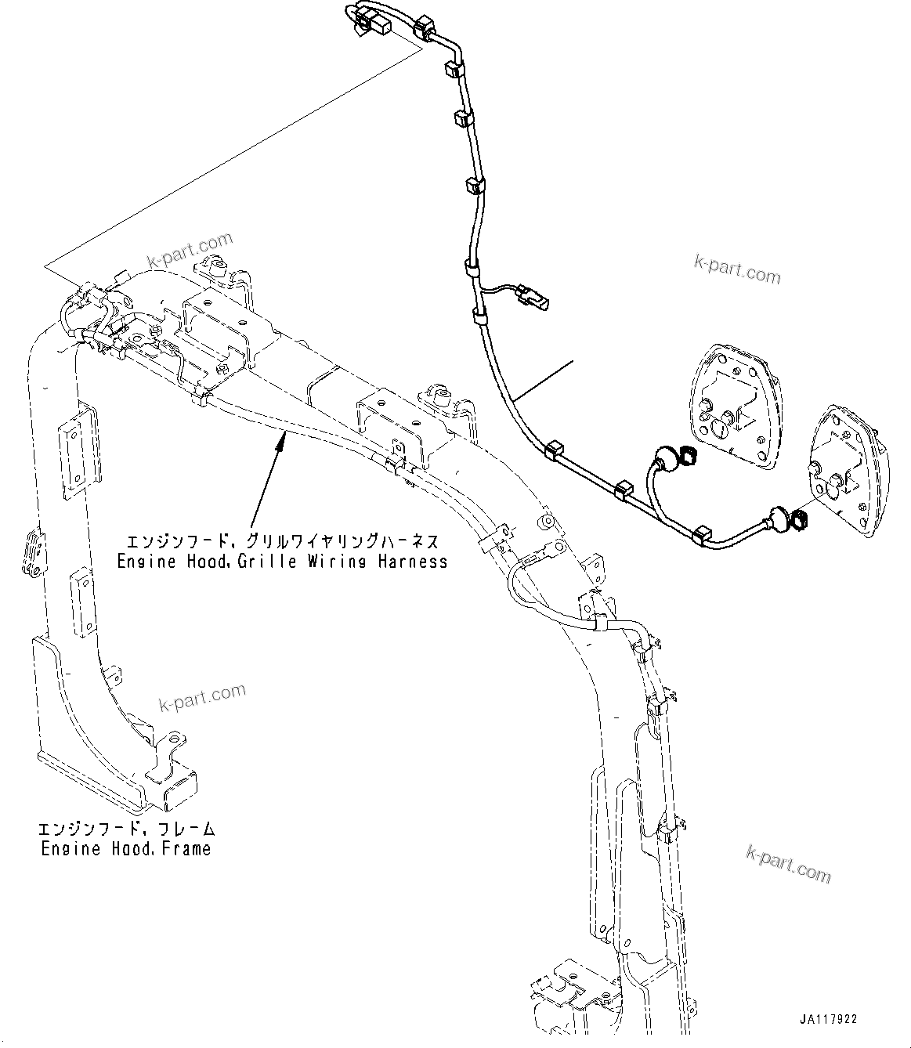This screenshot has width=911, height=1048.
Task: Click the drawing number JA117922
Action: tap(829, 1020)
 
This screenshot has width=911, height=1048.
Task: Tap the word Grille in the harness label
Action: tap(252, 561)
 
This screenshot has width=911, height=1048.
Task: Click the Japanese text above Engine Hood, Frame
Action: tap(126, 829)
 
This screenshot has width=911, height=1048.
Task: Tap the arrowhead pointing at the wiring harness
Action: tap(277, 445)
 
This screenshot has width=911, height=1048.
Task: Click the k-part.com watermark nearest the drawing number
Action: tap(788, 863)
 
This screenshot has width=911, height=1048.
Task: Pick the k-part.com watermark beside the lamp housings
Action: tap(737, 269)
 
